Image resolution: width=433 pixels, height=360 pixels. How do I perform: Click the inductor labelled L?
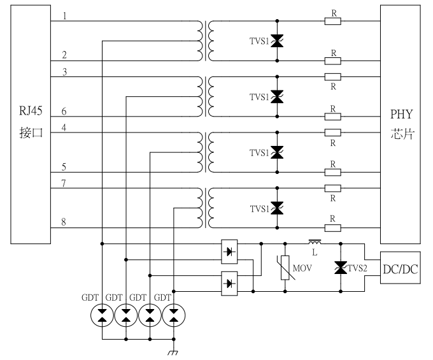click(x=315, y=242)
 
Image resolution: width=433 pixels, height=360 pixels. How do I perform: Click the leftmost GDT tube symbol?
click(x=102, y=315)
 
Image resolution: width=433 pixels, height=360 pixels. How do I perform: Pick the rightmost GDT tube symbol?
click(x=173, y=315)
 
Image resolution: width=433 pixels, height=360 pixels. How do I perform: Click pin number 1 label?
click(x=65, y=16)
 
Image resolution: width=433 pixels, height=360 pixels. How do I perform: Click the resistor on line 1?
click(x=332, y=21)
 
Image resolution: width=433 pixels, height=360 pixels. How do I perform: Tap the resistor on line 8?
click(x=332, y=227)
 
